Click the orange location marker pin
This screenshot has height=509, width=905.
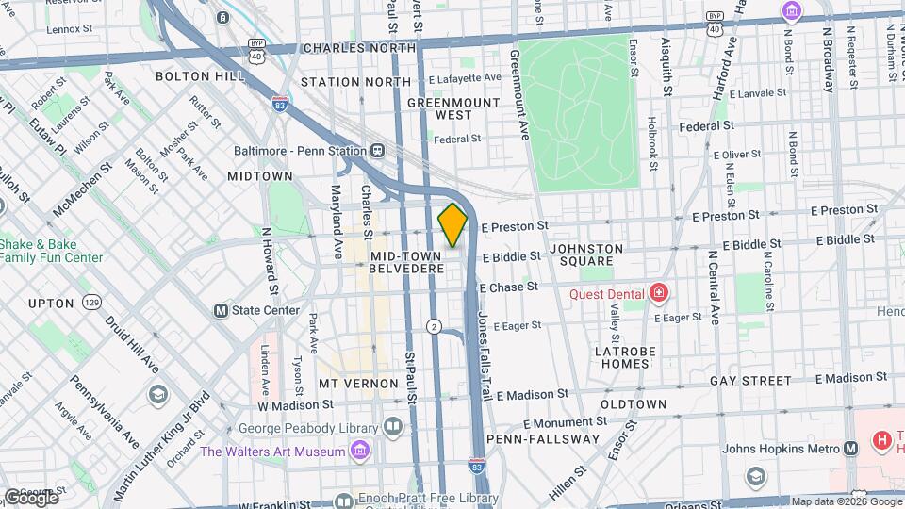[x=452, y=224]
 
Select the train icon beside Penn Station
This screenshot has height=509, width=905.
[x=377, y=150]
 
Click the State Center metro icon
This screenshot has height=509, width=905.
[x=221, y=310]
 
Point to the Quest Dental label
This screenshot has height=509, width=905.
[x=605, y=293]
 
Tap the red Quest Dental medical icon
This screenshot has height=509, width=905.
[x=658, y=293]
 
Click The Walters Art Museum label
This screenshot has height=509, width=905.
[x=272, y=452]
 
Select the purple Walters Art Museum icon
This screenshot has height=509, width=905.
[x=359, y=452]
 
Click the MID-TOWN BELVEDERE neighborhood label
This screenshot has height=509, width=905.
[x=406, y=262]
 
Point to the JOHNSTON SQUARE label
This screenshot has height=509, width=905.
[x=586, y=254]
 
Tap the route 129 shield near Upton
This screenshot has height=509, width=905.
[x=91, y=303]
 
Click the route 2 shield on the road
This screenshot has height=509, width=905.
[x=434, y=326]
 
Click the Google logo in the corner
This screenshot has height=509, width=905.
[x=30, y=497]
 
